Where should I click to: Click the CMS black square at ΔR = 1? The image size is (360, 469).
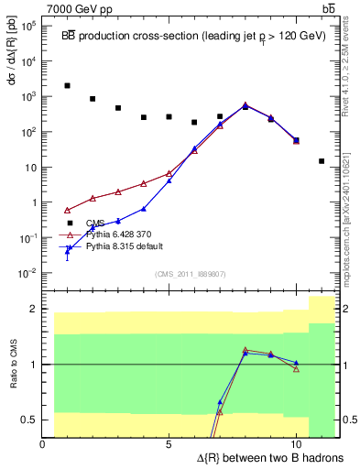coord(68,85)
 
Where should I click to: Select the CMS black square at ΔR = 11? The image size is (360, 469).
coord(322,161)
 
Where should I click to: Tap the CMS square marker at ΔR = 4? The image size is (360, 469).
coord(144,117)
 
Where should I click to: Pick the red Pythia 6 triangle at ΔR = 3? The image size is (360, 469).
coord(118,191)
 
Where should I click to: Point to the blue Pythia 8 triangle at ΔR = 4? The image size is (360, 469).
coord(144,209)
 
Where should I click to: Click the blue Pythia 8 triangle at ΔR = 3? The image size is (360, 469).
coord(118,221)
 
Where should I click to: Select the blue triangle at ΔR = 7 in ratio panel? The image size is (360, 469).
coord(220,402)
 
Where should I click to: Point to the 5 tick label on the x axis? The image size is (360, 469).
coord(169,442)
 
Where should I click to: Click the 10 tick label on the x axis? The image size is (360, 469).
coord(296,442)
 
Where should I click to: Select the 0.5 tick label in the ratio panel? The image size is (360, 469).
coord(30,420)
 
